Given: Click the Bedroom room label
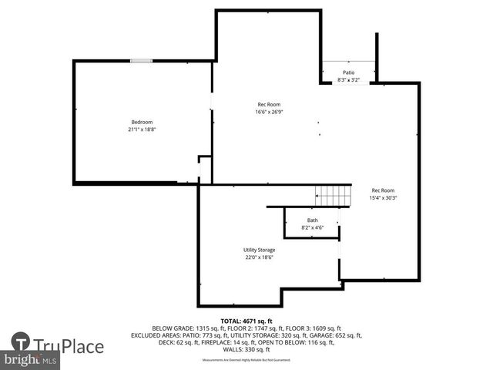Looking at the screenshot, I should point(142,122).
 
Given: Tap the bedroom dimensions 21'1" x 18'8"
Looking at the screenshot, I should point(142,129).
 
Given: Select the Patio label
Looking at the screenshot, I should point(349,73).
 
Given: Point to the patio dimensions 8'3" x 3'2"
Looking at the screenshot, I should point(349,79).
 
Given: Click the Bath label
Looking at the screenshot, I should point(312,220).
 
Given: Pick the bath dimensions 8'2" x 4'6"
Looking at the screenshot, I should point(312,227).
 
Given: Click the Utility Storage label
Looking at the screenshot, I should point(259,250).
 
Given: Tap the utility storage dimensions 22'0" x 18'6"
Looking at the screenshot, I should point(259,257).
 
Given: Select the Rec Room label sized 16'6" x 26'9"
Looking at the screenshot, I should point(269,105).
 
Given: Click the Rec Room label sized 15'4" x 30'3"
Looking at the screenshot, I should point(383,190).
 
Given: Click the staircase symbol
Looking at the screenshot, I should point(334,196).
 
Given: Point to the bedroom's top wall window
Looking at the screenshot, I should point(141,61).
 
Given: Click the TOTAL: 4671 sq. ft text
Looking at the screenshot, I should point(246,321).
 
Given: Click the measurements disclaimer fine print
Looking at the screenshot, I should point(246,360).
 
